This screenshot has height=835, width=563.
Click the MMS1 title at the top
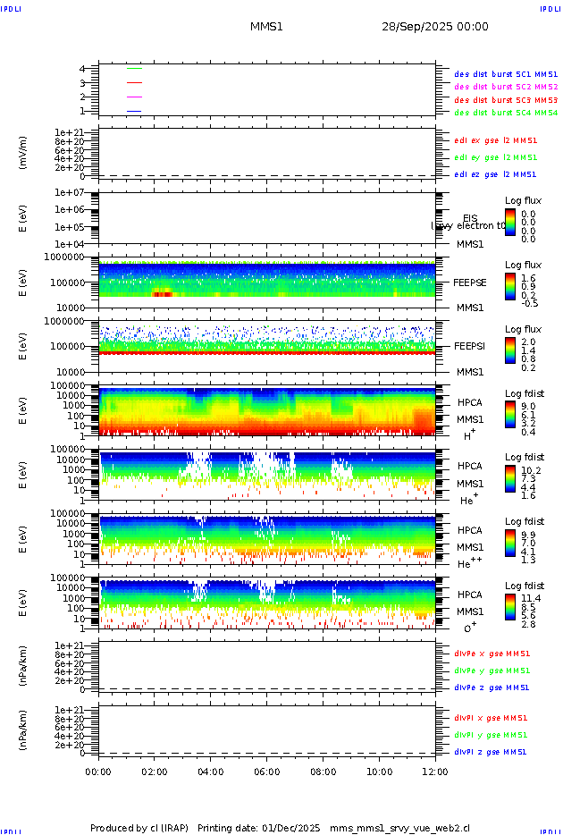tap(266, 27)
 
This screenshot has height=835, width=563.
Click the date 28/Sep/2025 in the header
tap(435, 27)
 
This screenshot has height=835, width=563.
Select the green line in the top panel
tap(134, 68)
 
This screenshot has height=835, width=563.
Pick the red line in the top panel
tap(134, 82)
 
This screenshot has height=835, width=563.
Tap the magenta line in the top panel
tap(134, 97)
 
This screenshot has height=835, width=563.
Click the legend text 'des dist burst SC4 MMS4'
tap(506, 113)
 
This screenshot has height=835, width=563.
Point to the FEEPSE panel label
tap(470, 283)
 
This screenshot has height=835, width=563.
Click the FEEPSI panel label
tap(470, 346)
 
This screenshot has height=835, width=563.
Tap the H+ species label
tap(469, 435)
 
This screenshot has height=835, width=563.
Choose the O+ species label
tap(469, 628)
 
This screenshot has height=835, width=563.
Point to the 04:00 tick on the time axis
tap(211, 772)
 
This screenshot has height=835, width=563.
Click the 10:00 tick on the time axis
tap(380, 772)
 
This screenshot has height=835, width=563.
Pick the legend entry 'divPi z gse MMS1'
tap(491, 752)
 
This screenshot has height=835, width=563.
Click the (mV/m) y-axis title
tap(24, 154)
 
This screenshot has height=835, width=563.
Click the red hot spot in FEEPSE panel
tap(162, 293)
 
